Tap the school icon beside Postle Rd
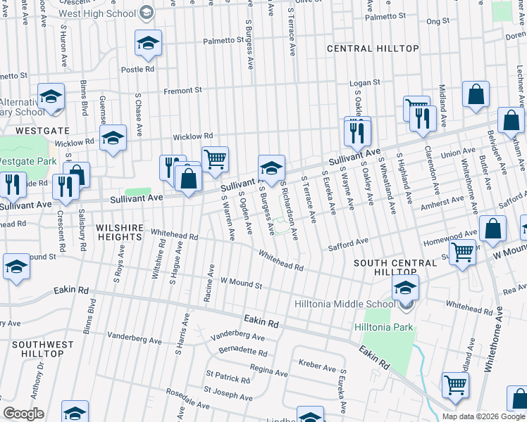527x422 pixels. (148, 45)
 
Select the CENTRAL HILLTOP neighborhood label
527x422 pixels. (373, 49)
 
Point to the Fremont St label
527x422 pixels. (182, 90)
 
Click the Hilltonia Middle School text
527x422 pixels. (345, 305)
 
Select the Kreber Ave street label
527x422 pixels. (317, 366)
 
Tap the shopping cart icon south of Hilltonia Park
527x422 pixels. (455, 385)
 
